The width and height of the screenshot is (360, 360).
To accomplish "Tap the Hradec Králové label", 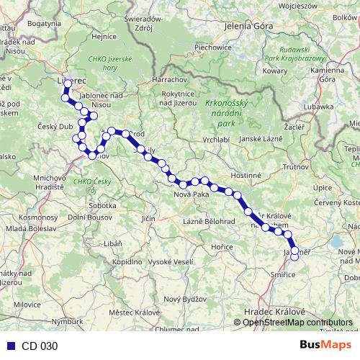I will coord(274,310).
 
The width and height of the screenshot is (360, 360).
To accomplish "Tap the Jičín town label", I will coord(148,217).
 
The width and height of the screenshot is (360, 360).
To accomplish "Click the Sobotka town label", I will coord(102,206).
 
